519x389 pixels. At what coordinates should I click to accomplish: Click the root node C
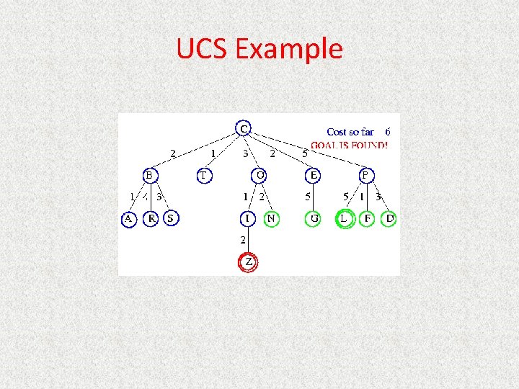[x=245, y=129]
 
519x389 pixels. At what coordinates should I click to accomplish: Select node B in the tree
[x=149, y=175]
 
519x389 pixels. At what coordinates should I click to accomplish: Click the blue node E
[x=314, y=175]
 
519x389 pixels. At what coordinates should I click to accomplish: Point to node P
[x=366, y=175]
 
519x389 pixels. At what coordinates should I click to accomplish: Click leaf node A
[x=128, y=218]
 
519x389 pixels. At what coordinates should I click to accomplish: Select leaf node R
[x=151, y=218]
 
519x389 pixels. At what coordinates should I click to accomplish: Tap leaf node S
[x=171, y=218]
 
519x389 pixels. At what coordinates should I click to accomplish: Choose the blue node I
[x=248, y=218]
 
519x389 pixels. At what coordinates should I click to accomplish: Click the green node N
[x=271, y=218]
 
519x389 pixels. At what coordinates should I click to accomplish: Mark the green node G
[x=314, y=218]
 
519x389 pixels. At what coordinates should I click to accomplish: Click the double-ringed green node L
[x=345, y=218]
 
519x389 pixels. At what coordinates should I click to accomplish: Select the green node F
[x=368, y=218]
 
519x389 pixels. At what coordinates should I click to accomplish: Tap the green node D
[x=389, y=218]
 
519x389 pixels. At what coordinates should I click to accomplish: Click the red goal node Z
[x=248, y=262]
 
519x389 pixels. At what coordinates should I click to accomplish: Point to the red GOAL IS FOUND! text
[x=349, y=145]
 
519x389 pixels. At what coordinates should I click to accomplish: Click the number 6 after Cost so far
[x=388, y=132]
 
